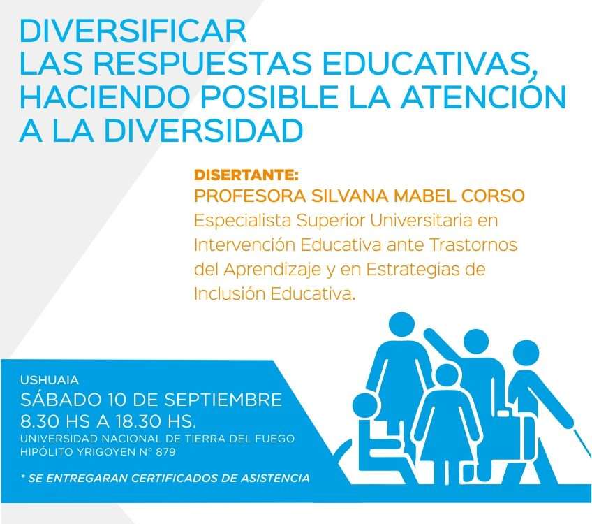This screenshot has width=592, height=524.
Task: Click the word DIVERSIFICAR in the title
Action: (x=133, y=31)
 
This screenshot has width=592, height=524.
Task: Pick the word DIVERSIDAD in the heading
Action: (x=204, y=131)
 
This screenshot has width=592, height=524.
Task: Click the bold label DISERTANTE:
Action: (x=246, y=175)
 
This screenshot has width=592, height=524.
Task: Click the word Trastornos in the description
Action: (x=473, y=245)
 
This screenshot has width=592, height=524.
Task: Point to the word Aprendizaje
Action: (x=272, y=270)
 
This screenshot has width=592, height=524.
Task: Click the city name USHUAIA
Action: (x=50, y=379)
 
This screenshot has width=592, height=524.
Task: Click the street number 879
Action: (x=165, y=451)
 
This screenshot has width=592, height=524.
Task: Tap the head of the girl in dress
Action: (x=448, y=377)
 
